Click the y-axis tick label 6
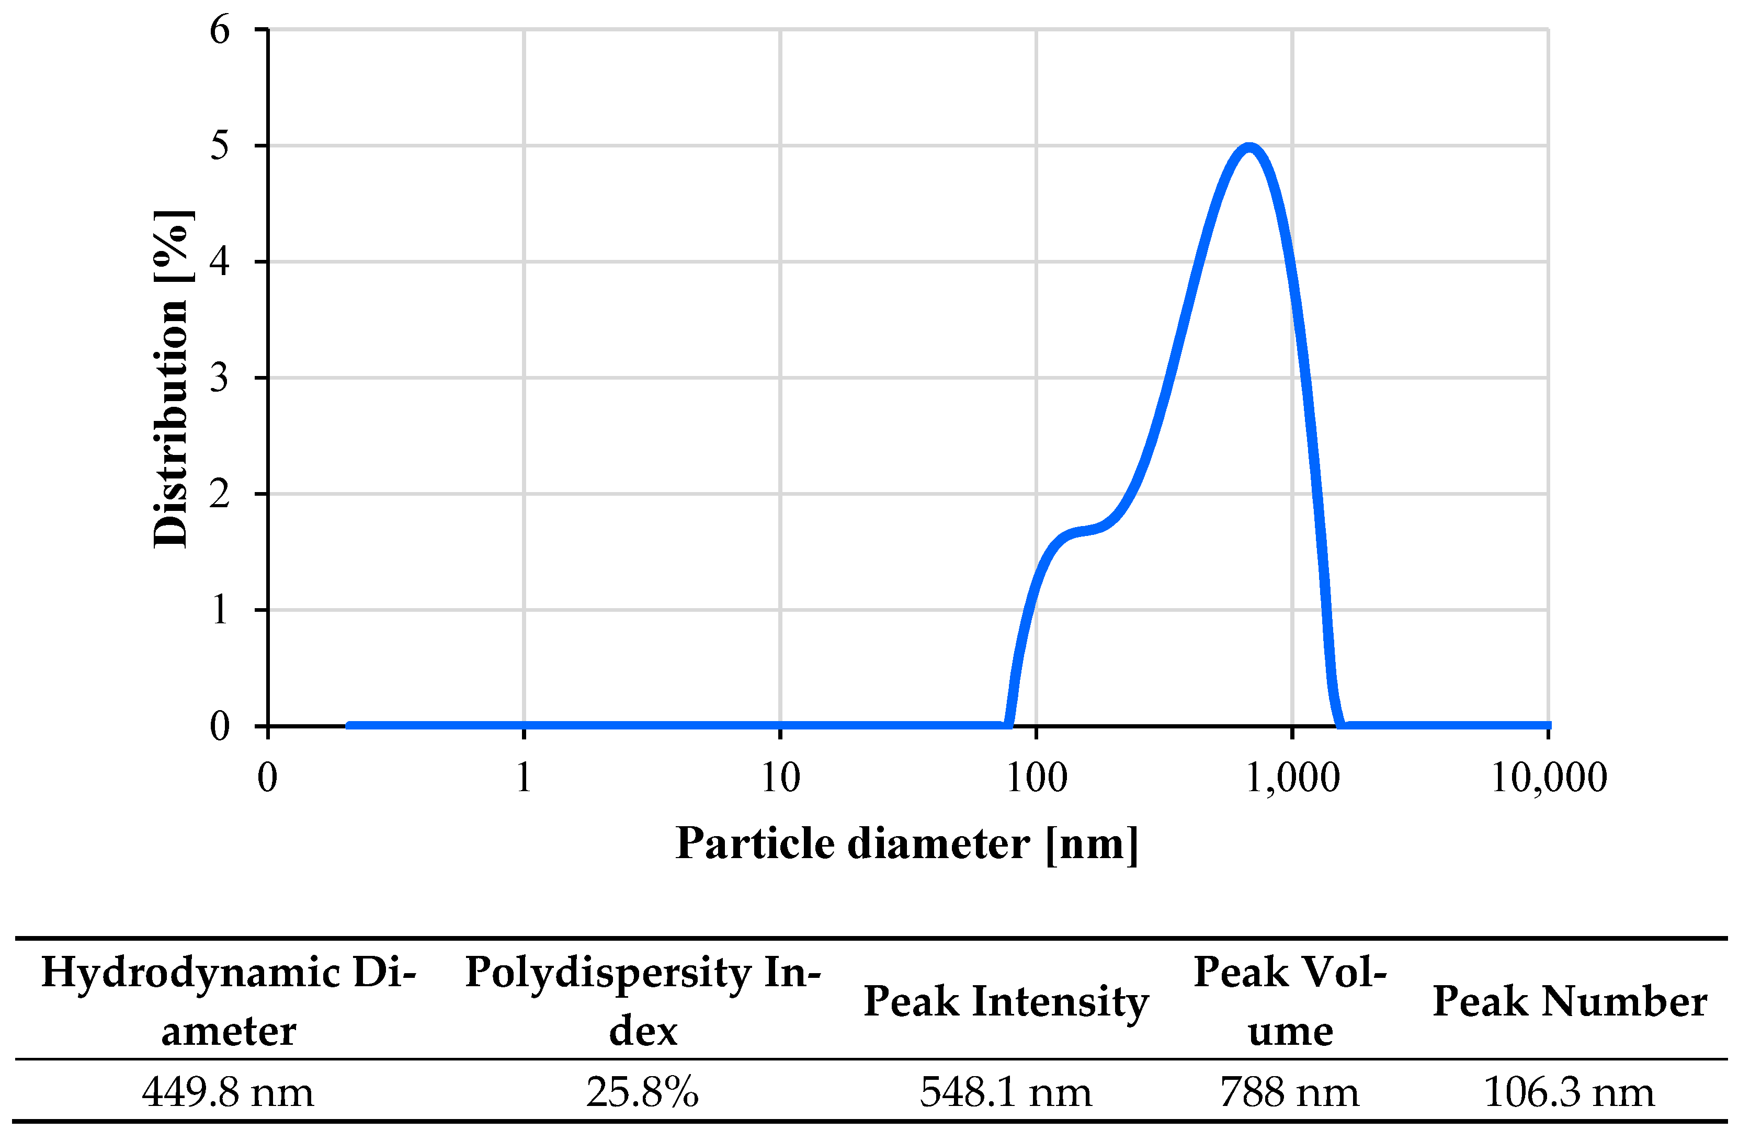(219, 31)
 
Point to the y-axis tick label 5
(219, 146)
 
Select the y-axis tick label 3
(219, 379)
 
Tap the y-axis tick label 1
(219, 610)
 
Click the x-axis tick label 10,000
(1549, 778)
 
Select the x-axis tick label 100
(1036, 778)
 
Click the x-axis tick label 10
(780, 778)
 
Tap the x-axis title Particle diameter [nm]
(906, 844)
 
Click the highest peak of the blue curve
(1249, 146)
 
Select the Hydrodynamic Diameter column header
(229, 1001)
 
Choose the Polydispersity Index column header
(643, 1001)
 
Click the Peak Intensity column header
(1006, 1001)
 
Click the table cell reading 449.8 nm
(228, 1092)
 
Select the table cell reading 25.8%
(642, 1092)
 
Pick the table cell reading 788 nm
(1290, 1092)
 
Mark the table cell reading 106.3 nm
(1569, 1092)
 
